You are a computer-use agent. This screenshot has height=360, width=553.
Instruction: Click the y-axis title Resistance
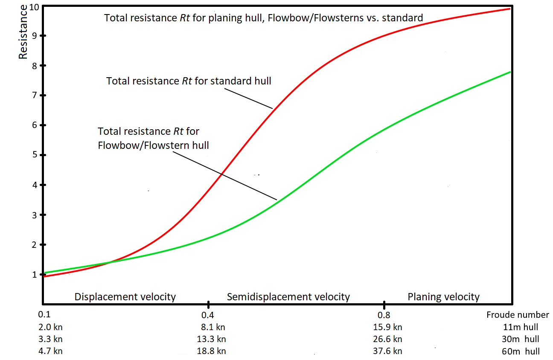coord(24,32)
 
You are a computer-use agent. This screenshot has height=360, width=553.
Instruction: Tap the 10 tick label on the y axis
coord(35,7)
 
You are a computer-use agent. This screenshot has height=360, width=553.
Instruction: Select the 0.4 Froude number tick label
coord(208,315)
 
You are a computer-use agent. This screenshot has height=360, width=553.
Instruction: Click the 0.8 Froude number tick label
coord(384,315)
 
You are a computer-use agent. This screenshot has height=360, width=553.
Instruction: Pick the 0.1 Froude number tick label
coord(44,315)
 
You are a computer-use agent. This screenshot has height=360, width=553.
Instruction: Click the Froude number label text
coord(518,315)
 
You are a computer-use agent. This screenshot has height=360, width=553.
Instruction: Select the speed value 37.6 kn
coord(387,351)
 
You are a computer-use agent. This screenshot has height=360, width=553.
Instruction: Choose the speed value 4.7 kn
coord(50,351)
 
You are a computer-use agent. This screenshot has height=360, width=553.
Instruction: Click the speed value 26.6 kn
coord(387,340)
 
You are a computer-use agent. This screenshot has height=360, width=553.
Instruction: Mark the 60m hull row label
coord(521,351)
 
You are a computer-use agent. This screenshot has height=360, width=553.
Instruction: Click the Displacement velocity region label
coord(125,297)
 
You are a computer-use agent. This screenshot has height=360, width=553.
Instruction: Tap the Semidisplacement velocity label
coord(288,297)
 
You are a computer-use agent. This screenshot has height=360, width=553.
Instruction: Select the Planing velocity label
coord(444,297)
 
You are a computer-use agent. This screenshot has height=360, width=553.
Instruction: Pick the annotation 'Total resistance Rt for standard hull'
coord(189,81)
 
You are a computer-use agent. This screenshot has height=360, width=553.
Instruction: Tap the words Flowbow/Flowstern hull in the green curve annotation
coord(154,145)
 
